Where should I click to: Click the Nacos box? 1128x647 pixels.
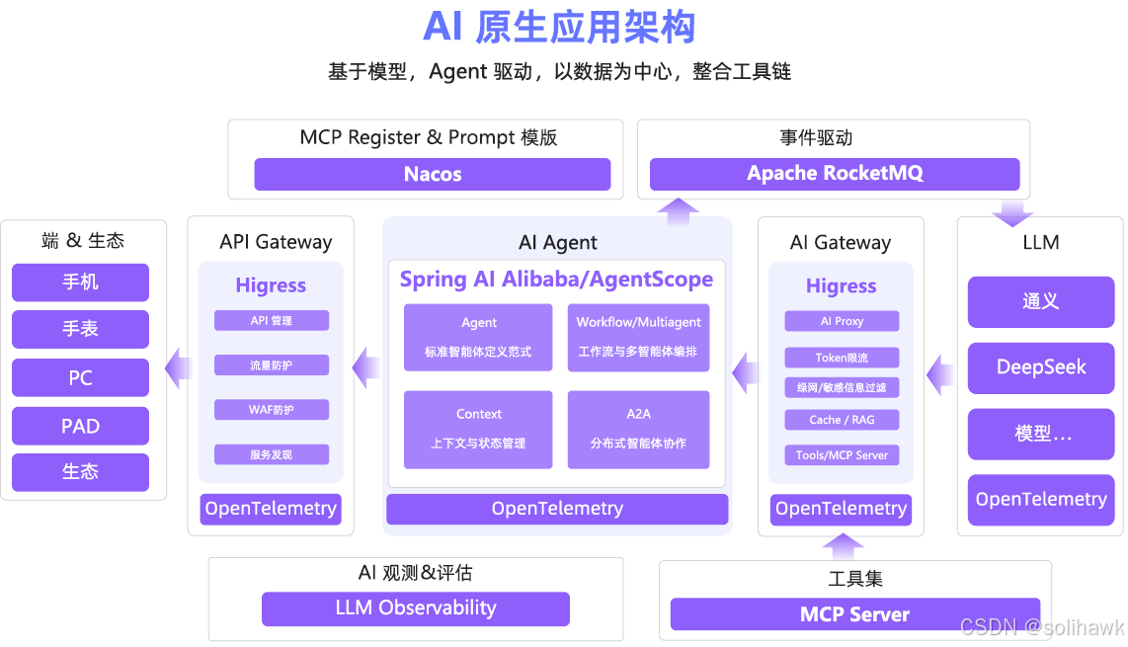click(x=432, y=175)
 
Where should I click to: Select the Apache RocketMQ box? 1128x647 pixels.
click(x=835, y=174)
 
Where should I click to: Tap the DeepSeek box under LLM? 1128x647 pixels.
click(x=1041, y=367)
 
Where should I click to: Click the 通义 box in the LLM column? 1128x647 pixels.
click(x=1041, y=301)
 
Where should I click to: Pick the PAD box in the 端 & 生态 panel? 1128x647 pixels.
click(x=80, y=426)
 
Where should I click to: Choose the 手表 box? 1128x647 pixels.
click(x=80, y=329)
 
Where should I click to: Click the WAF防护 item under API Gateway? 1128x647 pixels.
click(x=271, y=410)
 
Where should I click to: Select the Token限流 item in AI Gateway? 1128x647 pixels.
click(x=842, y=358)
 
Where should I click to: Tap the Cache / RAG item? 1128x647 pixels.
click(x=842, y=420)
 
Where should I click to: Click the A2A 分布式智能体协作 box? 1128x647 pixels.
click(x=638, y=429)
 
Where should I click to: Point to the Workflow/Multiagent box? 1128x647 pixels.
click(x=638, y=337)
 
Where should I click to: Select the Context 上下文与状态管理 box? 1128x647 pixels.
click(x=478, y=429)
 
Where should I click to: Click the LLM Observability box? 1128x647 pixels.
click(x=415, y=608)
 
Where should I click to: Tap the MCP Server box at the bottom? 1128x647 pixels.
click(x=854, y=614)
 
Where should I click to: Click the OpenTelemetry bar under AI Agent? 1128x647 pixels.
click(x=557, y=509)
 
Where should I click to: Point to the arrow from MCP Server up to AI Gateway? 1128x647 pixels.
click(x=843, y=546)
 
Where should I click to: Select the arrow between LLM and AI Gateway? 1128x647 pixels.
click(x=940, y=374)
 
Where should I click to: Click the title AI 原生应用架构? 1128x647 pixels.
click(x=559, y=27)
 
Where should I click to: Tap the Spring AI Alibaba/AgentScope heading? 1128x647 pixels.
click(x=556, y=280)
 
